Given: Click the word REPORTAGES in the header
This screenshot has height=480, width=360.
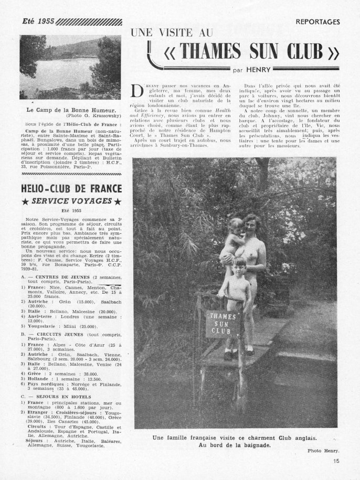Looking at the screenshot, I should coord(317,22).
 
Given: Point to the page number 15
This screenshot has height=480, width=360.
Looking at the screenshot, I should coord(336,461).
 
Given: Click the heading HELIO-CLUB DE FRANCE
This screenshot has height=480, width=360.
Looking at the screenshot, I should coord(69,189).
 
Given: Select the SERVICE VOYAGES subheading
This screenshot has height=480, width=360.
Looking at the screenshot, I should coord(70,201).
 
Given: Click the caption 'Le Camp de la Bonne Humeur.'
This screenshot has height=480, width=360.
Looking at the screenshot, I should coord(70,110).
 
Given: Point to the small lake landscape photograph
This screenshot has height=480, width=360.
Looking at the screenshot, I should coord(70,67).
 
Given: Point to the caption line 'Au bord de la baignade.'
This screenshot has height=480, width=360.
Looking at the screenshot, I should coord(234,445).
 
